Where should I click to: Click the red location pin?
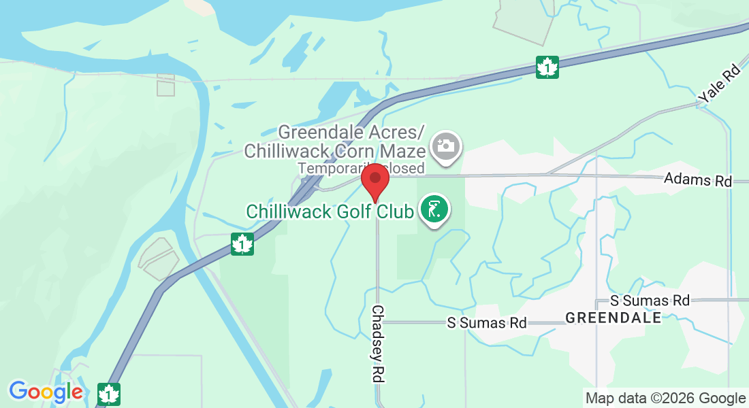[x=374, y=181]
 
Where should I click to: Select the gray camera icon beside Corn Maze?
[x=447, y=146]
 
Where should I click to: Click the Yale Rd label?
[x=720, y=84]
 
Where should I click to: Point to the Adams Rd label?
[x=698, y=181]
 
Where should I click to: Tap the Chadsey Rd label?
[x=378, y=343]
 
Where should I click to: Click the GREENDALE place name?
[x=613, y=318]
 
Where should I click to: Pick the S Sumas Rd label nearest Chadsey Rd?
[x=487, y=322]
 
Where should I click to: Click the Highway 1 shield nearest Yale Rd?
[x=547, y=67]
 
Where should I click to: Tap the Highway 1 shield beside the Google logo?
[x=108, y=394]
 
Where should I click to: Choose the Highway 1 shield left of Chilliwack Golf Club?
[x=242, y=244]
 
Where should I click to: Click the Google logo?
[x=46, y=392]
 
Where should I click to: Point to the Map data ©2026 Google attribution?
[x=665, y=398]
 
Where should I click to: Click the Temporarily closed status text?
[x=361, y=167]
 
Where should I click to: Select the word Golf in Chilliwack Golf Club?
[x=353, y=211]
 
